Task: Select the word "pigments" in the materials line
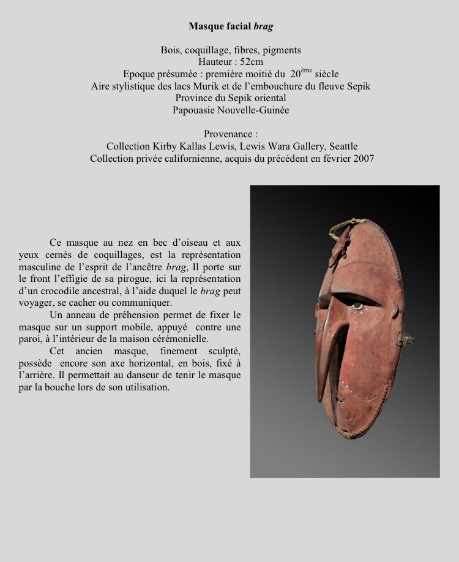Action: [282, 50]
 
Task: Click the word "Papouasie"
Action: [196, 110]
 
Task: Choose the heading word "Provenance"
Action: [227, 134]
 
